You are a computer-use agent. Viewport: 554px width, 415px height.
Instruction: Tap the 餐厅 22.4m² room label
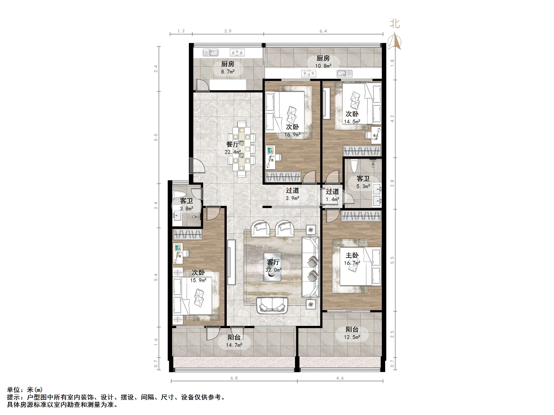click(x=232, y=148)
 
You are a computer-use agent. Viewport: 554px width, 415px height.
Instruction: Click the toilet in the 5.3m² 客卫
click(x=354, y=166)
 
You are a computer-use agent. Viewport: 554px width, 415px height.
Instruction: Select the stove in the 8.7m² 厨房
click(x=237, y=53)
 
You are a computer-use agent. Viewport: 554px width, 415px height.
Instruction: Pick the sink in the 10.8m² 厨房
click(x=345, y=73)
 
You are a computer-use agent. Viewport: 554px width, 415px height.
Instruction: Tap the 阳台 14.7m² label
click(x=234, y=341)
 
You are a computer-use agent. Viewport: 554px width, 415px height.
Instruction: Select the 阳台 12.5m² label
click(x=352, y=333)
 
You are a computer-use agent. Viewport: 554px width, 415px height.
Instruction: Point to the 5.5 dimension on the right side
click(x=392, y=260)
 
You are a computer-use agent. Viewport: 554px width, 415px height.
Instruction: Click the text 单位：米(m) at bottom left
click(x=25, y=390)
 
